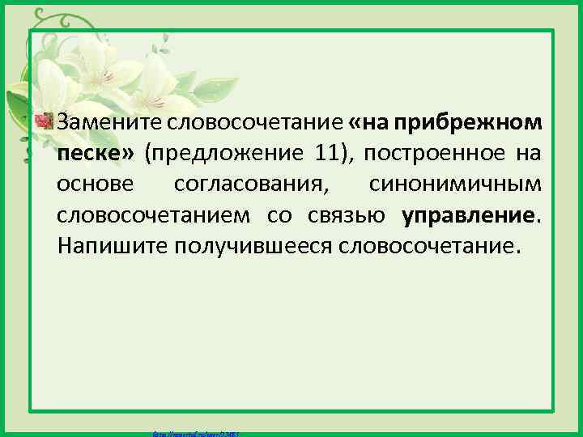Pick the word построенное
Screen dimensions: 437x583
[x=436, y=154]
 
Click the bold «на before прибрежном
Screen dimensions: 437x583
[x=370, y=123]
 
